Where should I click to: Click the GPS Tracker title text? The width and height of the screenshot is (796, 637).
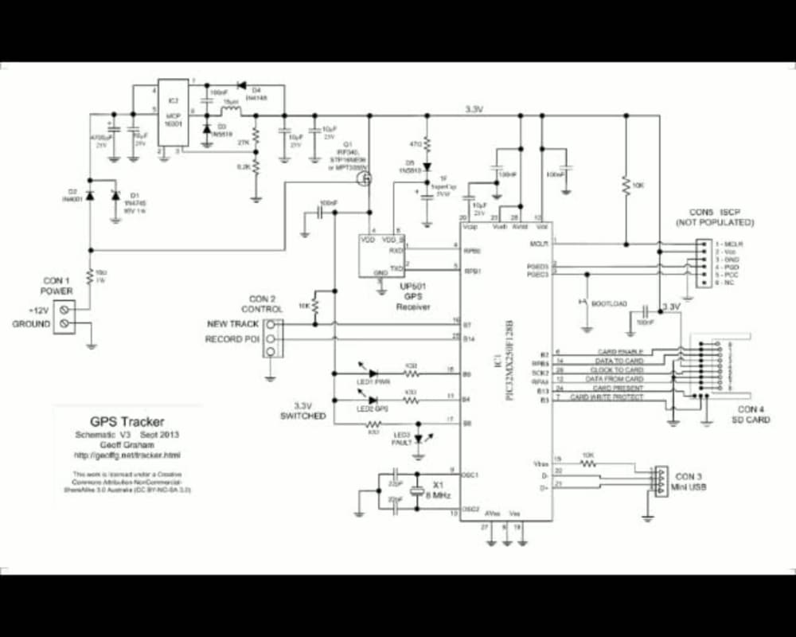127,422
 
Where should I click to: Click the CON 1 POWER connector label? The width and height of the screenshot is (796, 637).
57,286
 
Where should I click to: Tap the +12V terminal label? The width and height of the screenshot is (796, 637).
38,311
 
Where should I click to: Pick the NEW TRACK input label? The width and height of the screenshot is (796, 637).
232,324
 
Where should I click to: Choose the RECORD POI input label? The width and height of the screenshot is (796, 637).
232,338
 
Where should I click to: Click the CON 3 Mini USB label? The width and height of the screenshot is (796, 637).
685,482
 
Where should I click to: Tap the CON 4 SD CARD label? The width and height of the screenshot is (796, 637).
751,414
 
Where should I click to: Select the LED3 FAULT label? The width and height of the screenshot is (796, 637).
402,438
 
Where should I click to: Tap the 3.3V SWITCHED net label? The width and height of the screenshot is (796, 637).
303,410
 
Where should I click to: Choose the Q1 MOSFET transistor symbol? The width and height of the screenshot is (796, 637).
367,181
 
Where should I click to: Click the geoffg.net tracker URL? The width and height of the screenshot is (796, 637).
127,455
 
